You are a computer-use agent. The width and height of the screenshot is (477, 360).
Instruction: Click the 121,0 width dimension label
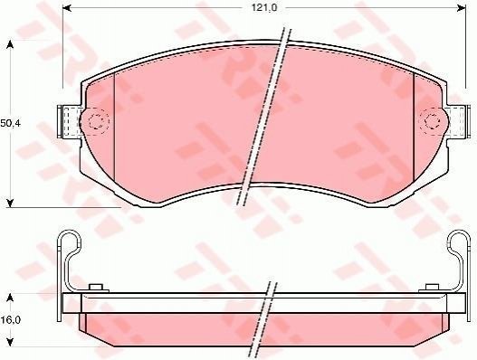pyautogui.click(x=264, y=8)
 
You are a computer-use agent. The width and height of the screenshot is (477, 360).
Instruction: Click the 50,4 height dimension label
pyautogui.click(x=10, y=123)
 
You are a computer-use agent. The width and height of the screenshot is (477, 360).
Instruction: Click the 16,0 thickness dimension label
pyautogui.click(x=10, y=320)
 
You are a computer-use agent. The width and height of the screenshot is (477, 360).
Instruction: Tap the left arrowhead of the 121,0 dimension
pyautogui.click(x=67, y=8)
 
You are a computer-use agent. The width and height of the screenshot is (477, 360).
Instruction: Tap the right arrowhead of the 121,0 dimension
pyautogui.click(x=462, y=8)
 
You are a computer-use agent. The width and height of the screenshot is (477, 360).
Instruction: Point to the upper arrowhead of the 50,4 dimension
pyautogui.click(x=10, y=44)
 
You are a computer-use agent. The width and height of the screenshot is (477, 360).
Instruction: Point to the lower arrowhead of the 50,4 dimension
pyautogui.click(x=10, y=204)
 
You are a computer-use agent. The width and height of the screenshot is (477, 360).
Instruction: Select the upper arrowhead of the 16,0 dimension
pyautogui.click(x=10, y=298)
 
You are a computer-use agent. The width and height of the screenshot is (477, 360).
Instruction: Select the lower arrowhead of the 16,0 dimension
pyautogui.click(x=10, y=343)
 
